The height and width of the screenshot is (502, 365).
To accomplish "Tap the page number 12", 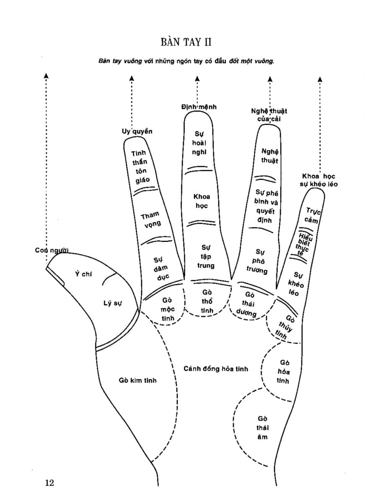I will tap(49, 483).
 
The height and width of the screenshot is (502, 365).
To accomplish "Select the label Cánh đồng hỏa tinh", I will tap(215, 369).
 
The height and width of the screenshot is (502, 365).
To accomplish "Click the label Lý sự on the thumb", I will tap(112, 303).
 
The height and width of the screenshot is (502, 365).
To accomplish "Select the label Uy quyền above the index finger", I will tap(134, 131).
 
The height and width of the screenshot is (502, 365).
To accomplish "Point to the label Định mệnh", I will tap(199, 107).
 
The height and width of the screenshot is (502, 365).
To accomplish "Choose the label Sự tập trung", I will tap(205, 256).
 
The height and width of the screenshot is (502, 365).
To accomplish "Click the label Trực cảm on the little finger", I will tap(312, 215).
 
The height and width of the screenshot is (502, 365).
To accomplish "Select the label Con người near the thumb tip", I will tap(52, 250).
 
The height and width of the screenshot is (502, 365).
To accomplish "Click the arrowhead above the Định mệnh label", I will tap(197, 78).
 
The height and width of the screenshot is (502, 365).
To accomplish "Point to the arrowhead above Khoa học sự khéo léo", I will tap(320, 79).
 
